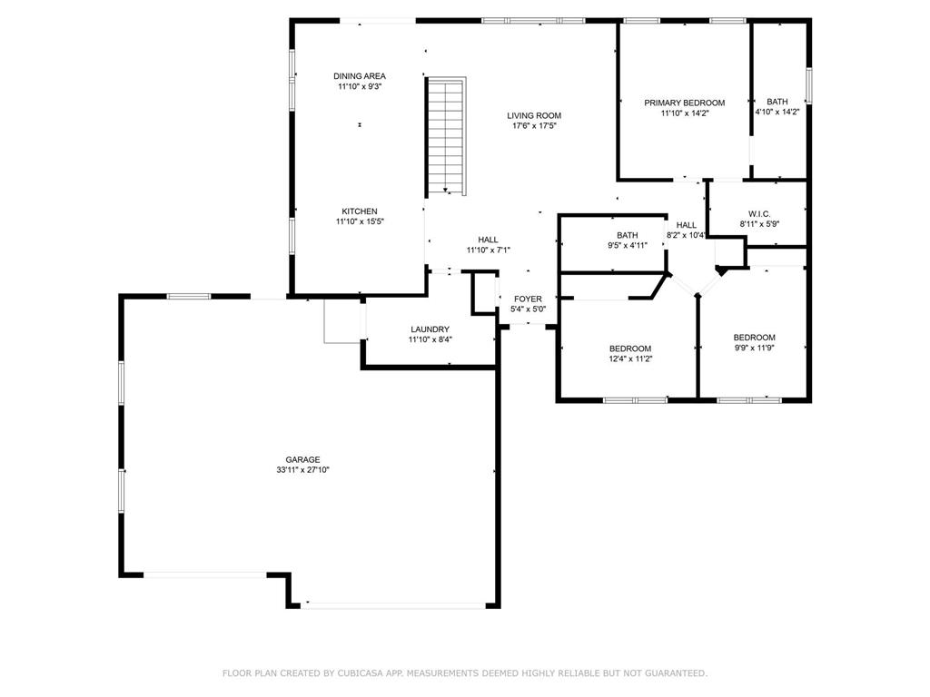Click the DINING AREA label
pyautogui.click(x=360, y=76)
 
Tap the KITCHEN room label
pyautogui.click(x=360, y=211)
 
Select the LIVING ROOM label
pyautogui.click(x=534, y=115)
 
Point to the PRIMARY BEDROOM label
pyautogui.click(x=685, y=103)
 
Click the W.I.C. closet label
pyautogui.click(x=759, y=214)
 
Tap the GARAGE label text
pyautogui.click(x=302, y=459)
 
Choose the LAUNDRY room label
pyautogui.click(x=430, y=329)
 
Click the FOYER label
pyautogui.click(x=528, y=299)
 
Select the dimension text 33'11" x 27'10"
pyautogui.click(x=302, y=470)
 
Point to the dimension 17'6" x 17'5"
pyautogui.click(x=534, y=125)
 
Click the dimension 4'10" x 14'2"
pyautogui.click(x=777, y=112)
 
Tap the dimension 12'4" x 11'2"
pyautogui.click(x=630, y=358)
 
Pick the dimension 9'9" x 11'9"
pyautogui.click(x=755, y=348)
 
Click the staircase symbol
pyautogui.click(x=446, y=136)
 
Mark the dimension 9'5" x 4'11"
pyautogui.click(x=628, y=245)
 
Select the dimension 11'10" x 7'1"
pyautogui.click(x=488, y=250)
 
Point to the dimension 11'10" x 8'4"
pyautogui.click(x=430, y=339)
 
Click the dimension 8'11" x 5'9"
pyautogui.click(x=759, y=225)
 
